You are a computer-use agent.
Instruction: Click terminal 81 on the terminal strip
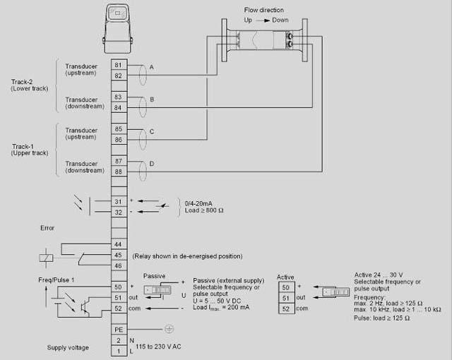click(118, 65)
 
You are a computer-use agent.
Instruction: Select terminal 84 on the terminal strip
click(118, 107)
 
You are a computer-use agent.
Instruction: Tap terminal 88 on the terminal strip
click(118, 172)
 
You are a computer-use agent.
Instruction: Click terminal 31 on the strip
click(118, 201)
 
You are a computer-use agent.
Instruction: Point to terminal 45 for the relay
click(118, 255)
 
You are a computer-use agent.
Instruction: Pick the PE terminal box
click(118, 329)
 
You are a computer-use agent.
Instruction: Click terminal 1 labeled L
click(118, 351)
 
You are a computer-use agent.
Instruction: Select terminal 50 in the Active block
click(285, 287)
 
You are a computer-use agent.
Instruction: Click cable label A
click(151, 66)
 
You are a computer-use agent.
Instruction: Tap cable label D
click(151, 164)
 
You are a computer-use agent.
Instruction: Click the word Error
click(47, 228)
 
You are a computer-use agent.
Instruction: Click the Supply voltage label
click(68, 347)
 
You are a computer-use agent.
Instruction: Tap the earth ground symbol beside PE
click(169, 329)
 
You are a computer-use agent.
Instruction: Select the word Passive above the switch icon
click(155, 275)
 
